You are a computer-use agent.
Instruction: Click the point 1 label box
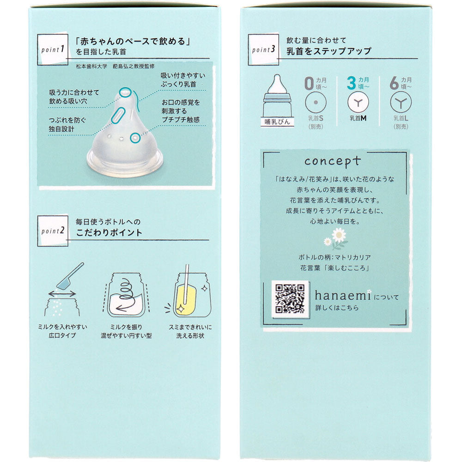pyautogui.click(x=53, y=49)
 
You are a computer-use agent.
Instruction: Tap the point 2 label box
pyautogui.click(x=53, y=231)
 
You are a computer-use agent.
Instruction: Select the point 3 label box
pyautogui.click(x=263, y=49)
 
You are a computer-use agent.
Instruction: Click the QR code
pyautogui.click(x=290, y=298)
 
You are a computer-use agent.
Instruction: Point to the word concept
pyautogui.click(x=332, y=161)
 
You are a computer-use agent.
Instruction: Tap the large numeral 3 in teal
pyautogui.click(x=351, y=83)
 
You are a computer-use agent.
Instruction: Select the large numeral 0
pyautogui.click(x=309, y=83)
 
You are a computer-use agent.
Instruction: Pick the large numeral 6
pyautogui.click(x=394, y=83)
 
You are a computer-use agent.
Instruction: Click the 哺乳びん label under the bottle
pyautogui.click(x=277, y=122)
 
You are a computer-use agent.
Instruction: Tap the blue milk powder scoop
pyautogui.click(x=70, y=276)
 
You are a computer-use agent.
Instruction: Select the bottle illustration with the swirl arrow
pyautogui.click(x=126, y=295)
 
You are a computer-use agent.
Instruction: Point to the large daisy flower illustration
pyautogui.click(x=339, y=235)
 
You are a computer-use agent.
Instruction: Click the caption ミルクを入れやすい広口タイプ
pyautogui.click(x=62, y=331)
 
